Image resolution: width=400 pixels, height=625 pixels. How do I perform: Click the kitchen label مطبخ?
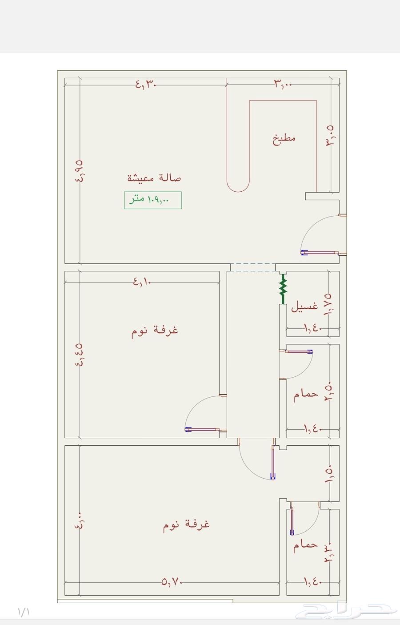point(284,138)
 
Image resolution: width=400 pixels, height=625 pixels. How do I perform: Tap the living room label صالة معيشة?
point(154,178)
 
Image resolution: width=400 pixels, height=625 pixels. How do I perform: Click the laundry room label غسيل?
point(304,306)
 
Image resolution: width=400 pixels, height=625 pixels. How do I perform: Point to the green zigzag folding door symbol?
point(282,289)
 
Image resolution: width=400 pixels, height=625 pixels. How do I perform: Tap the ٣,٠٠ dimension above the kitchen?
point(283,84)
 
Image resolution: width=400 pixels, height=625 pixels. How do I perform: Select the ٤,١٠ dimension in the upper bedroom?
point(142,281)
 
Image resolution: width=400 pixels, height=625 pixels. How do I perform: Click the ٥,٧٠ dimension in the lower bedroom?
point(172,581)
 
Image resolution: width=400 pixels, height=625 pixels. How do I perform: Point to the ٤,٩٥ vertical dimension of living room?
point(80,171)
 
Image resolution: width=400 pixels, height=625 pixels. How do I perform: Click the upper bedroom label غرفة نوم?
point(155,331)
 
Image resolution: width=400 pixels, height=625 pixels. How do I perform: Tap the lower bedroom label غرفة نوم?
point(186,524)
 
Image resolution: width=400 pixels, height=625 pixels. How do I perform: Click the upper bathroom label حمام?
point(306,394)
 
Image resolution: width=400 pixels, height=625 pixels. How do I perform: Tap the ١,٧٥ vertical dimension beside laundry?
point(329,304)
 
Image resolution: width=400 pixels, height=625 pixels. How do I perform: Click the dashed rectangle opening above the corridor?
point(252,267)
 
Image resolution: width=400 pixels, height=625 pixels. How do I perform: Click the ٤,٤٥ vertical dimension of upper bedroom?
point(80,355)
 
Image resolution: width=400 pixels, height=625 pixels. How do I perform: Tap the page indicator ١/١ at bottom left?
point(24,612)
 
